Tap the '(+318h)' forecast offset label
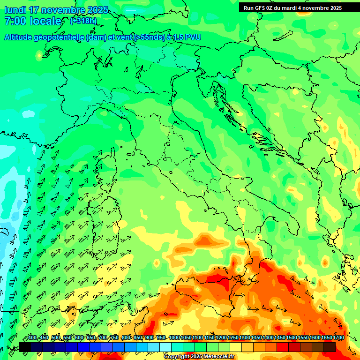tap(83, 21)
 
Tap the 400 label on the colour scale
tap(32, 338)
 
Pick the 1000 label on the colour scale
tap(174, 338)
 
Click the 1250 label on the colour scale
tap(233, 338)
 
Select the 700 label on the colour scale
tap(103, 338)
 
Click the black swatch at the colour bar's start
tap(25, 347)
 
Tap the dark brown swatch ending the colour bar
tap(330, 347)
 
